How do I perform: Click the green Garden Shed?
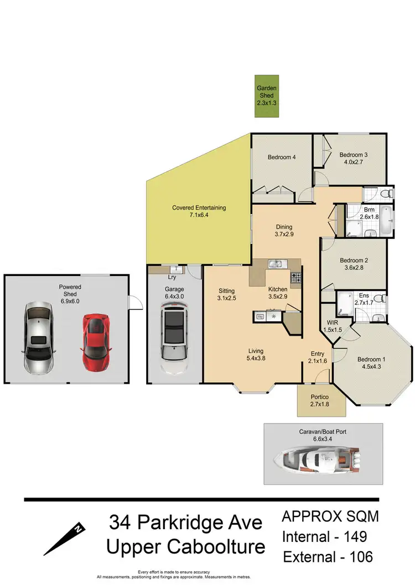click(x=266, y=96)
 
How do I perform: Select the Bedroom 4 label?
click(x=282, y=158)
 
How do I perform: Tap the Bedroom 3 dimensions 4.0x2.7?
click(x=353, y=163)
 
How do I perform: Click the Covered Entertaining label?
click(x=199, y=208)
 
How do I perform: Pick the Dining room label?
click(x=284, y=227)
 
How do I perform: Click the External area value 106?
click(x=359, y=556)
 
